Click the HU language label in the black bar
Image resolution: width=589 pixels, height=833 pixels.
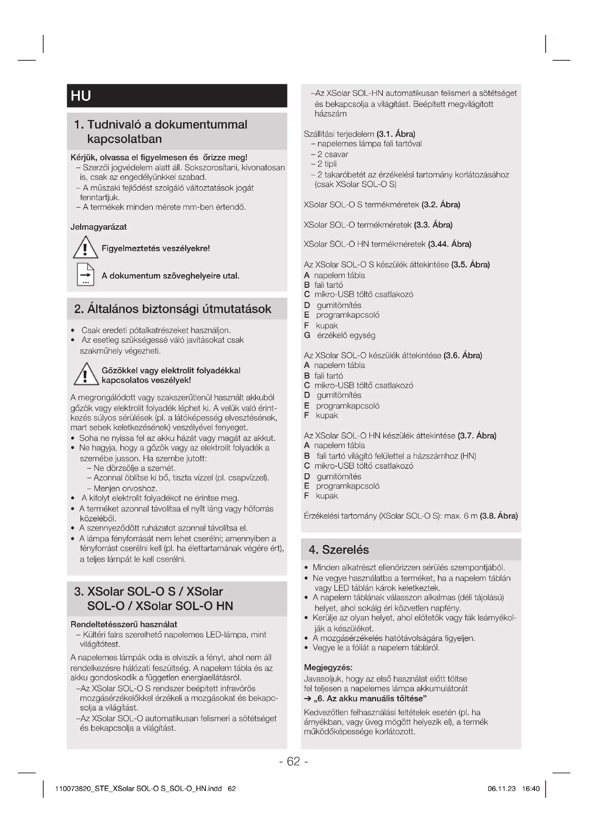coord(80,96)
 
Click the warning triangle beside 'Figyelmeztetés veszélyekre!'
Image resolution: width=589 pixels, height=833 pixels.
coord(85,248)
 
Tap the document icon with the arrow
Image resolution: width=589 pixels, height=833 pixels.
coord(85,275)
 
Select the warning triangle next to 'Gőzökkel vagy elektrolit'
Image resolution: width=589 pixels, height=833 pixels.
coord(86,374)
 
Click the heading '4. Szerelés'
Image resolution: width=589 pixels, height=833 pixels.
coord(339,550)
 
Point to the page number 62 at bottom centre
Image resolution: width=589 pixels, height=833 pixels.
coord(293,761)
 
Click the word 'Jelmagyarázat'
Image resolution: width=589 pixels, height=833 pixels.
coord(99,227)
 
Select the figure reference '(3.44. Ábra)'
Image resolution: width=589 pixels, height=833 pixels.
coord(450,244)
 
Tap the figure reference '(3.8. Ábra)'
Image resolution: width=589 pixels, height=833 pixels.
coord(499,516)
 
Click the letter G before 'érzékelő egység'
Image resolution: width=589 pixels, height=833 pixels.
coord(307,335)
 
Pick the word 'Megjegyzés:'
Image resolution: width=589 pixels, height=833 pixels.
coord(328,667)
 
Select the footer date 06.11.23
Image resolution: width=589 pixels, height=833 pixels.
coord(502,788)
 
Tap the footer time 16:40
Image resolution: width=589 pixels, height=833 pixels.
coord(531,788)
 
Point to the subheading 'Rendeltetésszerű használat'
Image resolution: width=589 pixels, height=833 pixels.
coord(124,624)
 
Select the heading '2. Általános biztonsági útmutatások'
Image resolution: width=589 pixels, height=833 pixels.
coord(173,309)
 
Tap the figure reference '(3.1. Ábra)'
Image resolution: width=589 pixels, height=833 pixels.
coord(396,134)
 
